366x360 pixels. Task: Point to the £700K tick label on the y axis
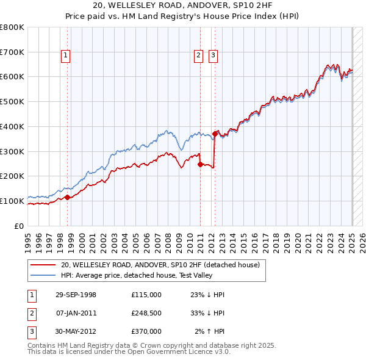tap(12, 52)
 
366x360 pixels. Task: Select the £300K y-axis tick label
tap(12, 151)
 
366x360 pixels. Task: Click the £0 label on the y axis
tap(20, 226)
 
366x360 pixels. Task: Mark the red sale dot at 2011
tap(200, 164)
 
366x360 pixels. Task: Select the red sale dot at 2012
tap(215, 134)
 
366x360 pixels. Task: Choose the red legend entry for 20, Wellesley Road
tap(160, 265)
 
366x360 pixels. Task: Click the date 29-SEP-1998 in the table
tap(76, 295)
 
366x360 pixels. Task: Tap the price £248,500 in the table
tap(146, 313)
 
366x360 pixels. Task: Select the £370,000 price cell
tap(146, 331)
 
